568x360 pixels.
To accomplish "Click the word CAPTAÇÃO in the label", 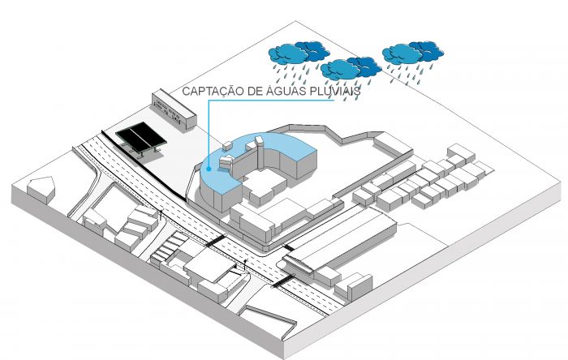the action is [x=213, y=91].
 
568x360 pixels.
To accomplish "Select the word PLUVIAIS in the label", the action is [x=333, y=91].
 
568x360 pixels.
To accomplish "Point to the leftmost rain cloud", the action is [x=299, y=53].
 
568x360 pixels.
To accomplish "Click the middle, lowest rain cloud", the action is [x=351, y=68].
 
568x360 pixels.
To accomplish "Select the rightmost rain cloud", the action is [x=413, y=53].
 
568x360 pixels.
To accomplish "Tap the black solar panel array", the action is [x=141, y=138].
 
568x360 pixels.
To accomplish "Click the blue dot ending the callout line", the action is [x=209, y=168].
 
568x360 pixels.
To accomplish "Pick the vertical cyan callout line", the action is [x=209, y=133].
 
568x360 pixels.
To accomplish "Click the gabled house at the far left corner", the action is [x=41, y=188].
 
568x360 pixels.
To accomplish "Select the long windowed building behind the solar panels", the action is [x=174, y=109].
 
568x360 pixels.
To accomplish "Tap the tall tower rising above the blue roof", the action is [x=258, y=152].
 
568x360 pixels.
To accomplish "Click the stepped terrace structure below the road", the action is [x=165, y=248].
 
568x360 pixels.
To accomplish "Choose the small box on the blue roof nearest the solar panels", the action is [x=227, y=146].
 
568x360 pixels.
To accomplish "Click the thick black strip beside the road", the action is [x=143, y=165].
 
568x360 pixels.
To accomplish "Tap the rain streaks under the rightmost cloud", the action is [x=413, y=74].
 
